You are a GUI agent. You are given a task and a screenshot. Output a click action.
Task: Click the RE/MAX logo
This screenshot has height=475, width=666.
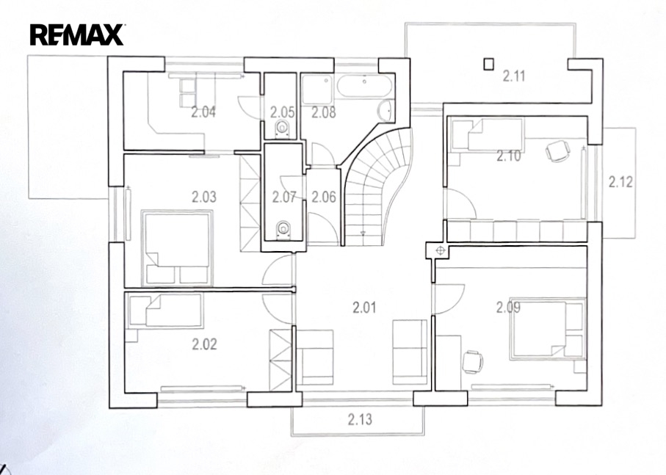(77, 35)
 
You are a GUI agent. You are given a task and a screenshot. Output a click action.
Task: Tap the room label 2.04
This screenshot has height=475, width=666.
(203, 112)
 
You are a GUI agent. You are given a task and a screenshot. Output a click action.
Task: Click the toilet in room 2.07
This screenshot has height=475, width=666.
(283, 230)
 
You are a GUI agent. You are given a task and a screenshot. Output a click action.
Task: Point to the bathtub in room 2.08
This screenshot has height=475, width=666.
(365, 86)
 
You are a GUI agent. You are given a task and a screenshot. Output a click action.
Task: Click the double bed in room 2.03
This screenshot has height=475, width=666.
(177, 247)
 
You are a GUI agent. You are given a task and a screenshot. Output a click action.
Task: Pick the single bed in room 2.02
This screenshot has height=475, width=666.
(166, 311)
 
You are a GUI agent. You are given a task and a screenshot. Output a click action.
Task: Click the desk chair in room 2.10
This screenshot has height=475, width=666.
(557, 151)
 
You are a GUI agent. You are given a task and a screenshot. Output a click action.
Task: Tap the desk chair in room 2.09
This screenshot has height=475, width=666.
(472, 362)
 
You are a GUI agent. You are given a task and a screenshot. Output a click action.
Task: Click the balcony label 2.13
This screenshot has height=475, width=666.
(360, 419)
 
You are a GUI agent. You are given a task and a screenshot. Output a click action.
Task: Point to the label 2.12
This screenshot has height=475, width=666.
(620, 182)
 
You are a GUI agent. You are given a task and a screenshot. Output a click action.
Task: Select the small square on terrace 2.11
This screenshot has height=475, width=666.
(489, 64)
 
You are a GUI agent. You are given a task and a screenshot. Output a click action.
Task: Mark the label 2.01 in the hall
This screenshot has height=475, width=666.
(364, 307)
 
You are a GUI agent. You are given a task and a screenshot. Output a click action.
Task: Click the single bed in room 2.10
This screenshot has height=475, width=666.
(487, 134)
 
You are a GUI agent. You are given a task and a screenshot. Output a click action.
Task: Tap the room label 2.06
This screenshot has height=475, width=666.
(324, 197)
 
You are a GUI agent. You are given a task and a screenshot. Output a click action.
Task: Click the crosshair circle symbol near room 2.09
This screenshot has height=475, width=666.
(440, 250)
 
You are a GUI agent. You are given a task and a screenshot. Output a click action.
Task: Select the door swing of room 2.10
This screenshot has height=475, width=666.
(461, 204)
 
